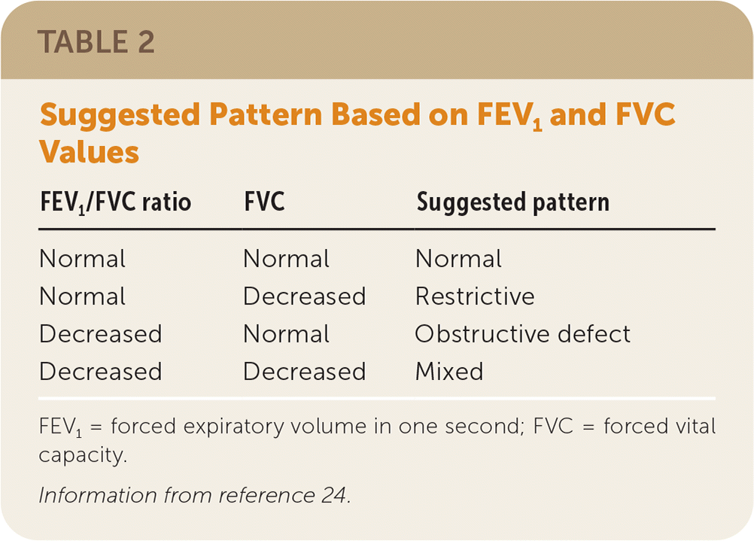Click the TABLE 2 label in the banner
point(96,42)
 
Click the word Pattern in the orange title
point(266,115)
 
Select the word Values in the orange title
point(90,152)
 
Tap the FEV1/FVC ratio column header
point(115,202)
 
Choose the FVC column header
point(264,202)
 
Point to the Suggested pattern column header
point(513,202)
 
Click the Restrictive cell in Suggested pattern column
point(475,296)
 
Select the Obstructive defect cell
point(523,334)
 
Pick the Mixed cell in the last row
point(449,371)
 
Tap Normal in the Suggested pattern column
point(459,259)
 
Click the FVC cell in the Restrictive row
point(305,296)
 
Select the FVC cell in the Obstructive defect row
point(287,334)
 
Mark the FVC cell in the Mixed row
point(305,371)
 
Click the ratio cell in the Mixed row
point(101,371)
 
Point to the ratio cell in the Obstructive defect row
point(101,334)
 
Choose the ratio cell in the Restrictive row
point(83,296)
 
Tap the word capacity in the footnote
point(83,455)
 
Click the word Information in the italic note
point(98,495)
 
